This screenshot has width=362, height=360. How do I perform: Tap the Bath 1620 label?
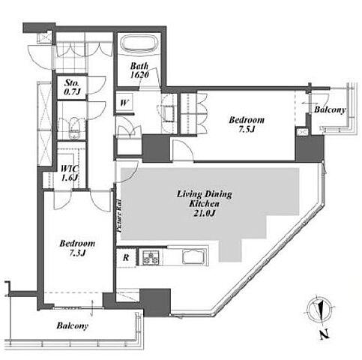(139, 70)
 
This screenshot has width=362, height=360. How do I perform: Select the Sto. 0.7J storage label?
(72, 87)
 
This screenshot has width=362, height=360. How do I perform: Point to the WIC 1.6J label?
(70, 172)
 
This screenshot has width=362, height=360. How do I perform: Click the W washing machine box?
(124, 103)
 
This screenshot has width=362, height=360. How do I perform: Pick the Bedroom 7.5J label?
(247, 124)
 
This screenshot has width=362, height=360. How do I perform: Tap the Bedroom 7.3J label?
(77, 247)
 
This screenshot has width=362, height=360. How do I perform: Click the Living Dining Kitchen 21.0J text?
(205, 203)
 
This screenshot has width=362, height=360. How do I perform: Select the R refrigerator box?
(126, 257)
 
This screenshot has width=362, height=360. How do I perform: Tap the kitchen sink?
(194, 256)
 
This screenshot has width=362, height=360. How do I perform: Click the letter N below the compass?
(324, 334)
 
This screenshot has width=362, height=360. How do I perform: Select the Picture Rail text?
(119, 216)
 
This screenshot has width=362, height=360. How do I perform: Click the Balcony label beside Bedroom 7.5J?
(330, 109)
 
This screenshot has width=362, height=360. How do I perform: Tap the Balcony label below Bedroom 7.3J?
(72, 325)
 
